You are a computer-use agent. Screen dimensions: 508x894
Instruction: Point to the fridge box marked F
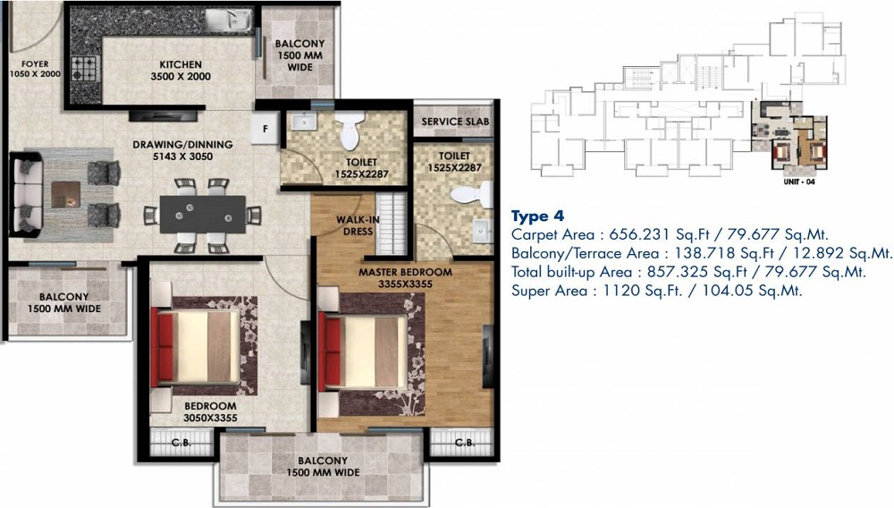point(266,128)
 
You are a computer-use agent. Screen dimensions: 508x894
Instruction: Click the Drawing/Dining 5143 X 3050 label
point(182,150)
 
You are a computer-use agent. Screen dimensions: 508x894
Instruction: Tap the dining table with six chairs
point(202,216)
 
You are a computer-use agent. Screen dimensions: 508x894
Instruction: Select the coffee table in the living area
point(65,194)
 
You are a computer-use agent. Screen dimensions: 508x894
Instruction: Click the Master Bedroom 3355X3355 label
point(405,278)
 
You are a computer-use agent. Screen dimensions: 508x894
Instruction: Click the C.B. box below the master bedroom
point(464,442)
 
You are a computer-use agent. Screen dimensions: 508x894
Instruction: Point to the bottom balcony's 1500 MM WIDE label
point(324,471)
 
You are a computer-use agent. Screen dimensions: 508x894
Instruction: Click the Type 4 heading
point(537,216)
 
